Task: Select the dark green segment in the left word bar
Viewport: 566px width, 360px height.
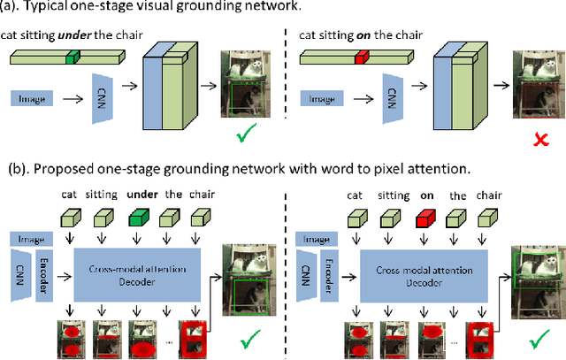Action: point(73,57)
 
